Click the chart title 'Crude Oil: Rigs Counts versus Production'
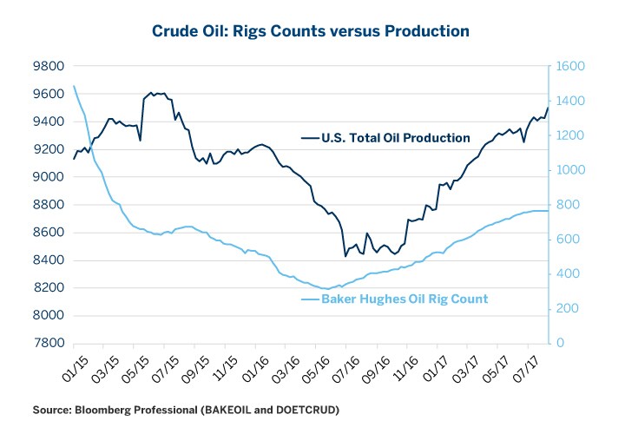312,30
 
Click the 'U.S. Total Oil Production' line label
395,138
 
